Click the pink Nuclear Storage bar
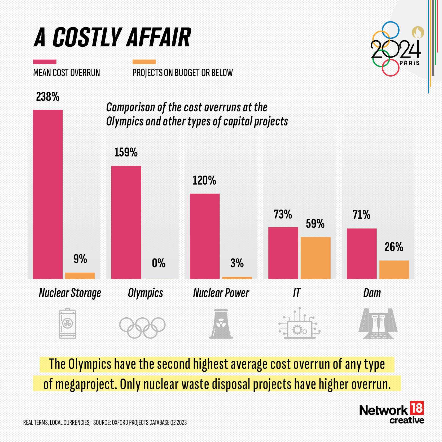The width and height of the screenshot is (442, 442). pyautogui.click(x=48, y=194)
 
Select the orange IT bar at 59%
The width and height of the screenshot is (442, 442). pyautogui.click(x=316, y=258)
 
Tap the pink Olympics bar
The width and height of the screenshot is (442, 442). pyautogui.click(x=126, y=222)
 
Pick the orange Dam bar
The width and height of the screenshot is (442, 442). pyautogui.click(x=394, y=270)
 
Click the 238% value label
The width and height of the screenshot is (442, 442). pyautogui.click(x=48, y=97)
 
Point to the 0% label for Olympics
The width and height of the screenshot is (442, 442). pyautogui.click(x=159, y=263)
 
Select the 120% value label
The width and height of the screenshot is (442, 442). pyautogui.click(x=204, y=181)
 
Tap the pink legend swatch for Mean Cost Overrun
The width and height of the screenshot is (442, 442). pyautogui.click(x=45, y=62)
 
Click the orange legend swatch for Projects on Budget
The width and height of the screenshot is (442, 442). pyautogui.click(x=144, y=62)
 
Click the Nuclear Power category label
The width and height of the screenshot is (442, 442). pyautogui.click(x=221, y=293)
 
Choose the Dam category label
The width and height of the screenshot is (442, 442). pyautogui.click(x=372, y=293)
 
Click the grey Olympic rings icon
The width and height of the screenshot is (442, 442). pyautogui.click(x=142, y=328)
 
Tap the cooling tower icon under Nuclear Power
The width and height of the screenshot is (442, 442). pyautogui.click(x=221, y=324)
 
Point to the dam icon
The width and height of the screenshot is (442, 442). pyautogui.click(x=378, y=323)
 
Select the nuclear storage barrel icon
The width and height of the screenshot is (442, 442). pyautogui.click(x=67, y=323)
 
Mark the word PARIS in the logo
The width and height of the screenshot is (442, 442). pyautogui.click(x=409, y=63)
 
